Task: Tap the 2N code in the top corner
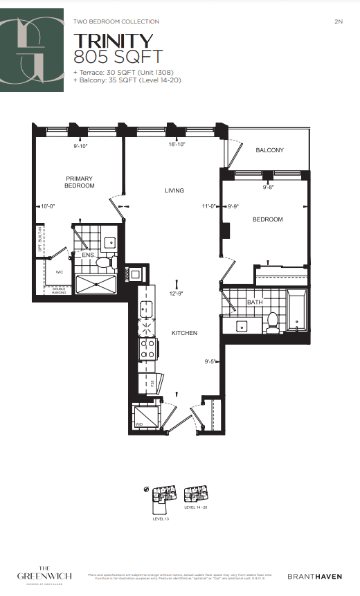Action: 338,22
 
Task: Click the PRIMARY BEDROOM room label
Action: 79,182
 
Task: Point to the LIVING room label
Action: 174,190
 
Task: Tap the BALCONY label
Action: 269,151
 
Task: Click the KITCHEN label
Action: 184,333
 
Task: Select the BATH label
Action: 255,302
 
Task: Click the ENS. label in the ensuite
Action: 89,255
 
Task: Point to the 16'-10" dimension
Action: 177,145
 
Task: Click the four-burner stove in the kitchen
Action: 148,349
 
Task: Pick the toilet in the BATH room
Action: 273,320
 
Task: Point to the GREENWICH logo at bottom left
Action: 45,573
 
